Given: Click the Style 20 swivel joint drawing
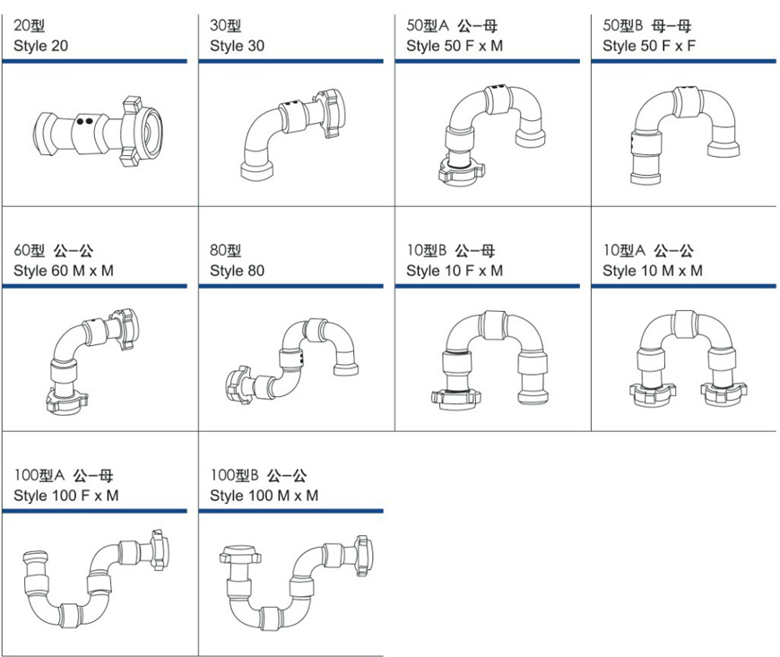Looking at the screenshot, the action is pyautogui.click(x=98, y=131).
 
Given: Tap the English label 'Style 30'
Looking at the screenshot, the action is pyautogui.click(x=237, y=46).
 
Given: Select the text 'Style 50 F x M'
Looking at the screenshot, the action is pyautogui.click(x=455, y=46).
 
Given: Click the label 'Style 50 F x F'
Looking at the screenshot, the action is pyautogui.click(x=649, y=46).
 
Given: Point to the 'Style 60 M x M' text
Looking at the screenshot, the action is pyautogui.click(x=63, y=271).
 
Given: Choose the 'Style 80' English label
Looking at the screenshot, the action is pyautogui.click(x=237, y=271).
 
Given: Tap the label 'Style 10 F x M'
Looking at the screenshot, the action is pyautogui.click(x=455, y=271).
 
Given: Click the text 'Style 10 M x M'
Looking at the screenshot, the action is pyautogui.click(x=652, y=271).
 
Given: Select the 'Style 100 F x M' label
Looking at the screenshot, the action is pyautogui.click(x=65, y=496).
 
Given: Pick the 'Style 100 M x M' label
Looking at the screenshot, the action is pyautogui.click(x=264, y=496).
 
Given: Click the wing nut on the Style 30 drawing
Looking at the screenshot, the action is pyautogui.click(x=330, y=113).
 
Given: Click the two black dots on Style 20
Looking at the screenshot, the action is pyautogui.click(x=84, y=121).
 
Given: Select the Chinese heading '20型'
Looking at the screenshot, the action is pyautogui.click(x=29, y=25).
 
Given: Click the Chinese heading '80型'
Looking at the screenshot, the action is pyautogui.click(x=225, y=250).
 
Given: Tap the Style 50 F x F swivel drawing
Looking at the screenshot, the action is pyautogui.click(x=684, y=135).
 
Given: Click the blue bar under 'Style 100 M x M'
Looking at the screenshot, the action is pyautogui.click(x=291, y=511).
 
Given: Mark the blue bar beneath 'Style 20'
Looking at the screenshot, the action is pyautogui.click(x=94, y=61).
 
